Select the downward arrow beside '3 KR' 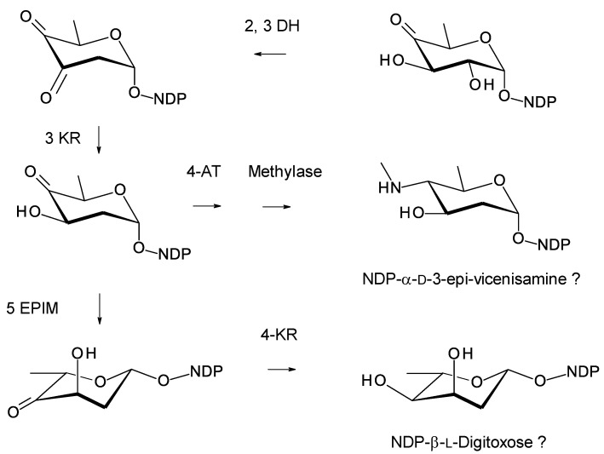pos(99,137)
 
